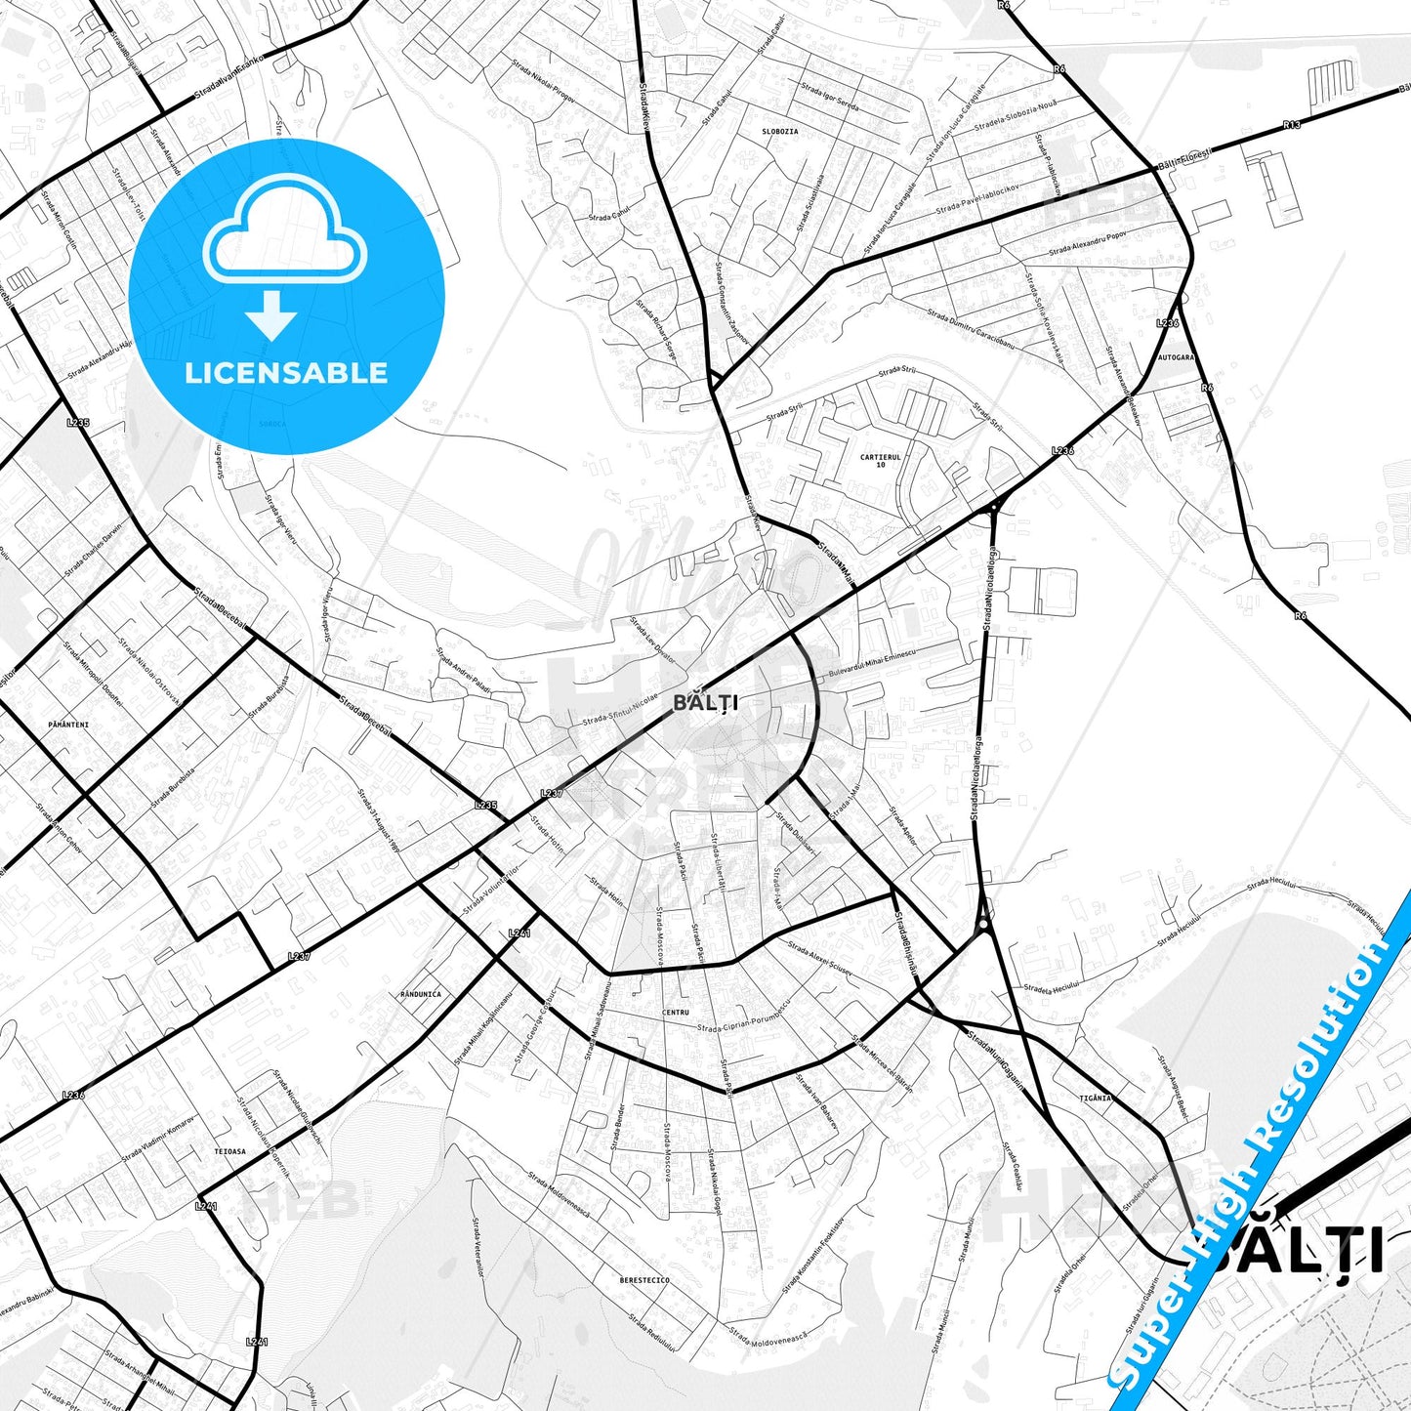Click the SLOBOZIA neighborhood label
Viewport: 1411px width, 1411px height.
tap(779, 131)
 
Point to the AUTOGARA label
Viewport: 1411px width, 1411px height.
tap(1175, 357)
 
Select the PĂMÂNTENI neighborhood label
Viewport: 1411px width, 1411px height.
tap(67, 725)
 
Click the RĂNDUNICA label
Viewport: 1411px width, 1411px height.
tap(420, 994)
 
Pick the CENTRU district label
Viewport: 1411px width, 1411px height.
tap(675, 1013)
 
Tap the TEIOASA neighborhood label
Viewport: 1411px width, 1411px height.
tap(229, 1151)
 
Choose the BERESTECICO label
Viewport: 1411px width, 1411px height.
tap(644, 1279)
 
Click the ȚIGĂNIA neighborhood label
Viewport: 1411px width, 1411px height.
tap(1095, 1098)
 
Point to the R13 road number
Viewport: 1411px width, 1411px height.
tap(1292, 125)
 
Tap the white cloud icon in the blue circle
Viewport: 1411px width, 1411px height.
tap(285, 232)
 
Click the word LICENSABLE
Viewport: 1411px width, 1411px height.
tap(286, 372)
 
